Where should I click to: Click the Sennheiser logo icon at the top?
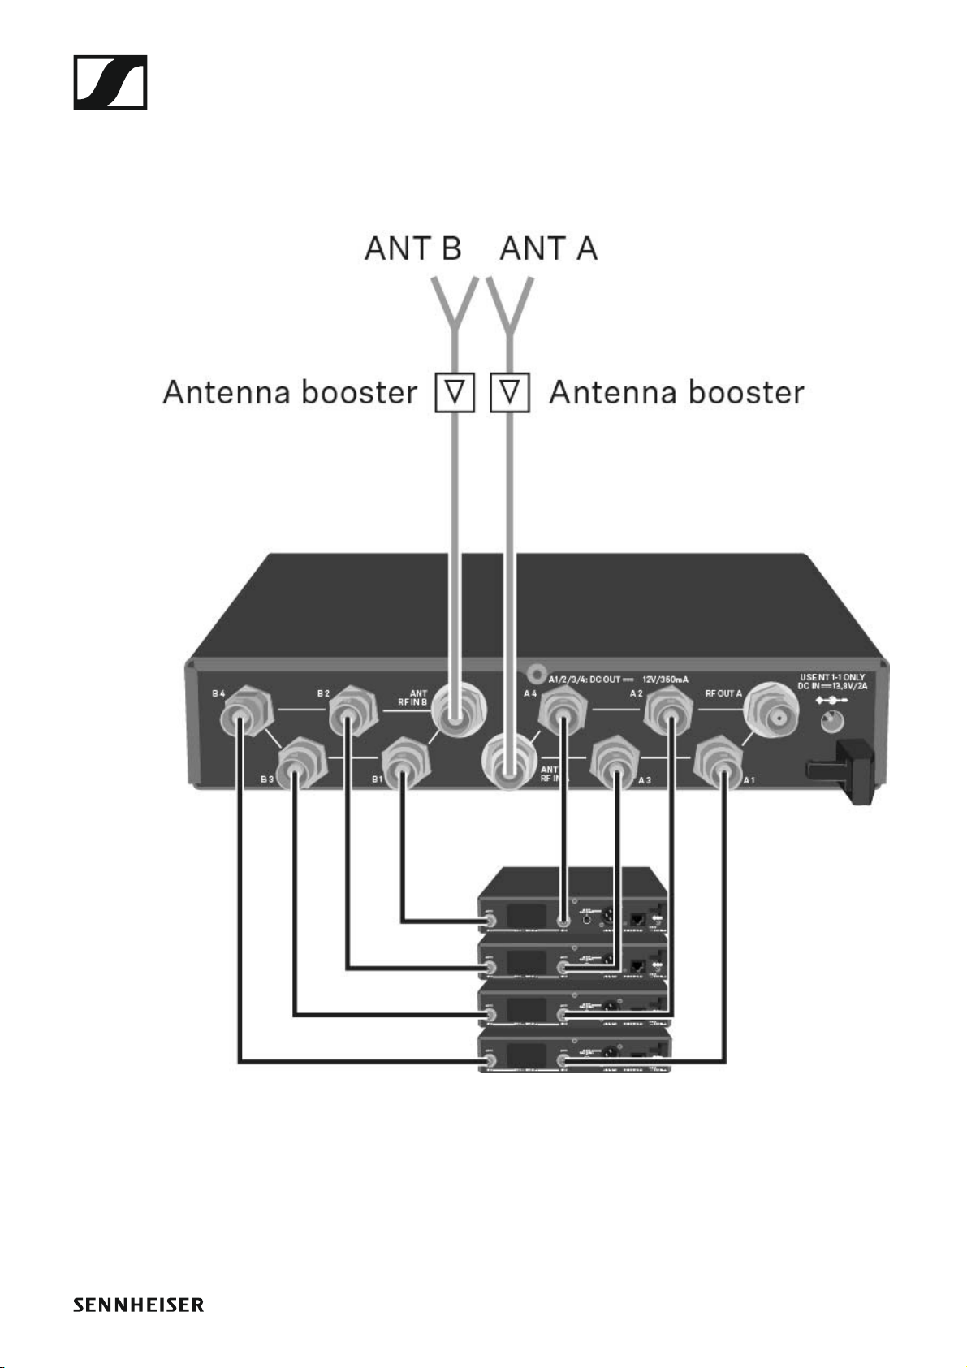tap(110, 83)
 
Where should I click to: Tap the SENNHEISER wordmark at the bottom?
tap(138, 1305)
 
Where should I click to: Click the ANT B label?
tap(412, 248)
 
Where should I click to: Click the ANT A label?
tap(549, 248)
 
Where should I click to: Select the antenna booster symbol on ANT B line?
tap(455, 393)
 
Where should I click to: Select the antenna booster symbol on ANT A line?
tap(510, 393)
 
